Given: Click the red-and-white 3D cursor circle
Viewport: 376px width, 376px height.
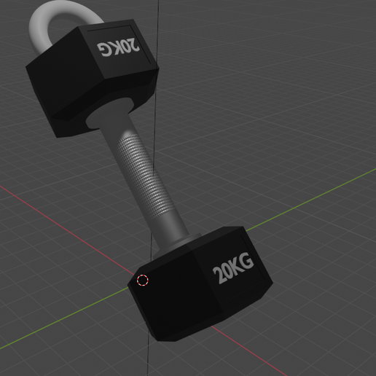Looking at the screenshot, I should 143,280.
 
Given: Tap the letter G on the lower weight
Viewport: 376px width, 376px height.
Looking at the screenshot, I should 248,262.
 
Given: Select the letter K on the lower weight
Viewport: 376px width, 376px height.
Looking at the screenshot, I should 238,266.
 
